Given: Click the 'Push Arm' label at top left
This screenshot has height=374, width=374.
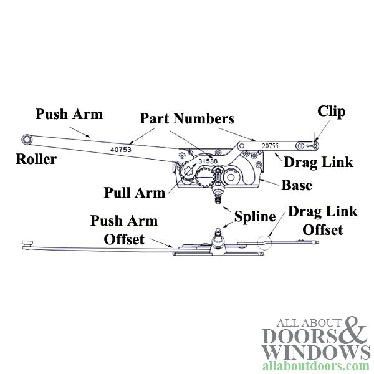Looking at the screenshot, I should (x=69, y=114).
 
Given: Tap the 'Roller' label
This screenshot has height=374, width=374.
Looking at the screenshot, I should (x=36, y=160).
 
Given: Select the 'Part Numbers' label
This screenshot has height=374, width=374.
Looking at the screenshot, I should (x=187, y=118).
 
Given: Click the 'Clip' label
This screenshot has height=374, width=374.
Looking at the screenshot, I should (x=332, y=112).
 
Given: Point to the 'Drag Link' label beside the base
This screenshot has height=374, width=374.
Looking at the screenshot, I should (x=318, y=163).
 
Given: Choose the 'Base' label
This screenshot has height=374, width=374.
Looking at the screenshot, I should (x=297, y=185).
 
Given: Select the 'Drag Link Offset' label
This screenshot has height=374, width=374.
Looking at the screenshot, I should (x=322, y=221).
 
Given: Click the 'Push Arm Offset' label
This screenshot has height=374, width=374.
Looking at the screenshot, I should (x=124, y=230).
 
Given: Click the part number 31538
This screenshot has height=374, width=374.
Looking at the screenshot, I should (x=208, y=161).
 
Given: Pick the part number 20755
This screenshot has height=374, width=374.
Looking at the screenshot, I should (x=271, y=145).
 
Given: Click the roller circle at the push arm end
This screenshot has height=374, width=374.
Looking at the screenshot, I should (x=27, y=139).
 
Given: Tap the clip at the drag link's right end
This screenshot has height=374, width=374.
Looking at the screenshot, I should (x=317, y=146).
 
